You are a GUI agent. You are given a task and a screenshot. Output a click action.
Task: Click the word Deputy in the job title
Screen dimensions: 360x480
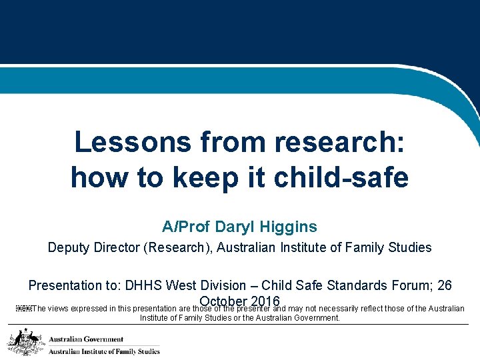69,248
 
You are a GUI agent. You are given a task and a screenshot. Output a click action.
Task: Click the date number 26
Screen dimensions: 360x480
444,285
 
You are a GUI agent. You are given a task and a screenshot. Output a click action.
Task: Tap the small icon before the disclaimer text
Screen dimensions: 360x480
22,309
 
